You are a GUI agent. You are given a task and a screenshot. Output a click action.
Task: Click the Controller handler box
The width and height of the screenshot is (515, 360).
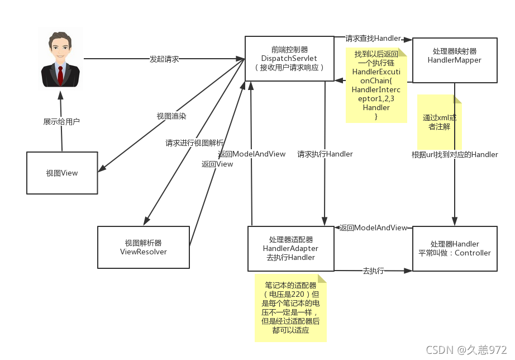click(454, 248)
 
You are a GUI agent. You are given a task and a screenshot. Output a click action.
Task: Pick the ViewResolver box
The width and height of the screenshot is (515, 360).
click(144, 247)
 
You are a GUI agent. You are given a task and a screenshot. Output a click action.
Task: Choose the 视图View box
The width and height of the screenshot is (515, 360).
click(62, 173)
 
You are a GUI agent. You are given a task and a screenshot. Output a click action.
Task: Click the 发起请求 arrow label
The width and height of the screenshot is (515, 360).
click(164, 59)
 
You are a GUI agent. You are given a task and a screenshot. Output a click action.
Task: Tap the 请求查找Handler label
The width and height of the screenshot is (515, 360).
click(373, 39)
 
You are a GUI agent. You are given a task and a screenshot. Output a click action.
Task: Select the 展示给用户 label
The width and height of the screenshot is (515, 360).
click(61, 121)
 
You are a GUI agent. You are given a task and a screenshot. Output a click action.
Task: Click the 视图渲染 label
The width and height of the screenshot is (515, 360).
click(171, 116)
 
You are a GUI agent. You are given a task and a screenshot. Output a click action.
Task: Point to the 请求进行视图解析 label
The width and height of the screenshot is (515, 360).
click(194, 143)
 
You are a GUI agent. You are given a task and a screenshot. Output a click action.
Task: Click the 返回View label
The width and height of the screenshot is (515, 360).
click(217, 164)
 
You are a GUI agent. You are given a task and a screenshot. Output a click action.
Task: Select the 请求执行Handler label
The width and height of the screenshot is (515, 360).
click(325, 154)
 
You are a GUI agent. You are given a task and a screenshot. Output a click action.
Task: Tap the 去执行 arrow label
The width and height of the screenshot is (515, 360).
click(373, 271)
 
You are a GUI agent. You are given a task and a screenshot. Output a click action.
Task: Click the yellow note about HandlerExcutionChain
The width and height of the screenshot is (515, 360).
click(376, 85)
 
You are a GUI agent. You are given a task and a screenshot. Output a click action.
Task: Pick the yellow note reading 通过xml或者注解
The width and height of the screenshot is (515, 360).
click(440, 122)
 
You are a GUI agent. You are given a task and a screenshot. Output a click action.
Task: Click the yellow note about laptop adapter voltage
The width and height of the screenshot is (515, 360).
click(290, 307)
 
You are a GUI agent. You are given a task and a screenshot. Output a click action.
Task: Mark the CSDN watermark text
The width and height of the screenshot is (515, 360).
click(466, 349)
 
